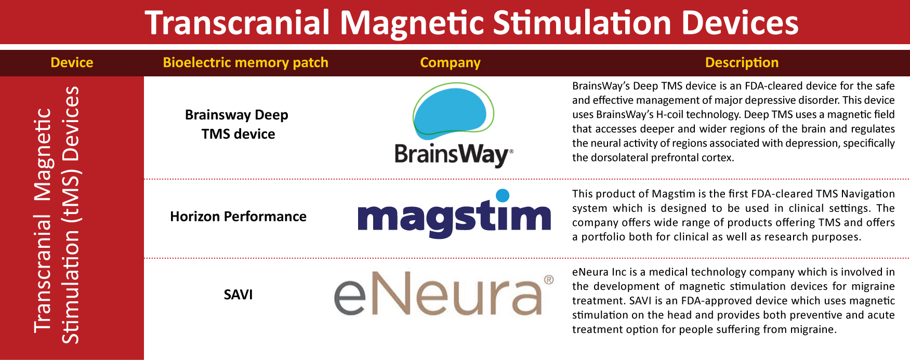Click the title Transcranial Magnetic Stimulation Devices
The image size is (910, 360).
pyautogui.click(x=471, y=23)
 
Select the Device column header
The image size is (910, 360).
pyautogui.click(x=72, y=62)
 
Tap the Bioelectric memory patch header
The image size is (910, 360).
pyautogui.click(x=245, y=62)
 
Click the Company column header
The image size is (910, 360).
pyautogui.click(x=450, y=62)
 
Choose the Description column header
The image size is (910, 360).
pyautogui.click(x=742, y=62)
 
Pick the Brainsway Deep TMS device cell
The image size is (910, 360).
pyautogui.click(x=237, y=124)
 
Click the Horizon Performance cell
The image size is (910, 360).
pyautogui.click(x=238, y=216)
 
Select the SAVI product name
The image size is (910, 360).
pyautogui.click(x=238, y=295)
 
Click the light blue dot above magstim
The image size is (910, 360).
pyautogui.click(x=503, y=195)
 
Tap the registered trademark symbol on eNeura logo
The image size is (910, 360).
pyautogui.click(x=548, y=281)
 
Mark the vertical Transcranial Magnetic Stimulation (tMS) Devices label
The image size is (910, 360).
pyautogui.click(x=57, y=216)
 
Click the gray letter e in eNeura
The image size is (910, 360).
pyautogui.click(x=350, y=298)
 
